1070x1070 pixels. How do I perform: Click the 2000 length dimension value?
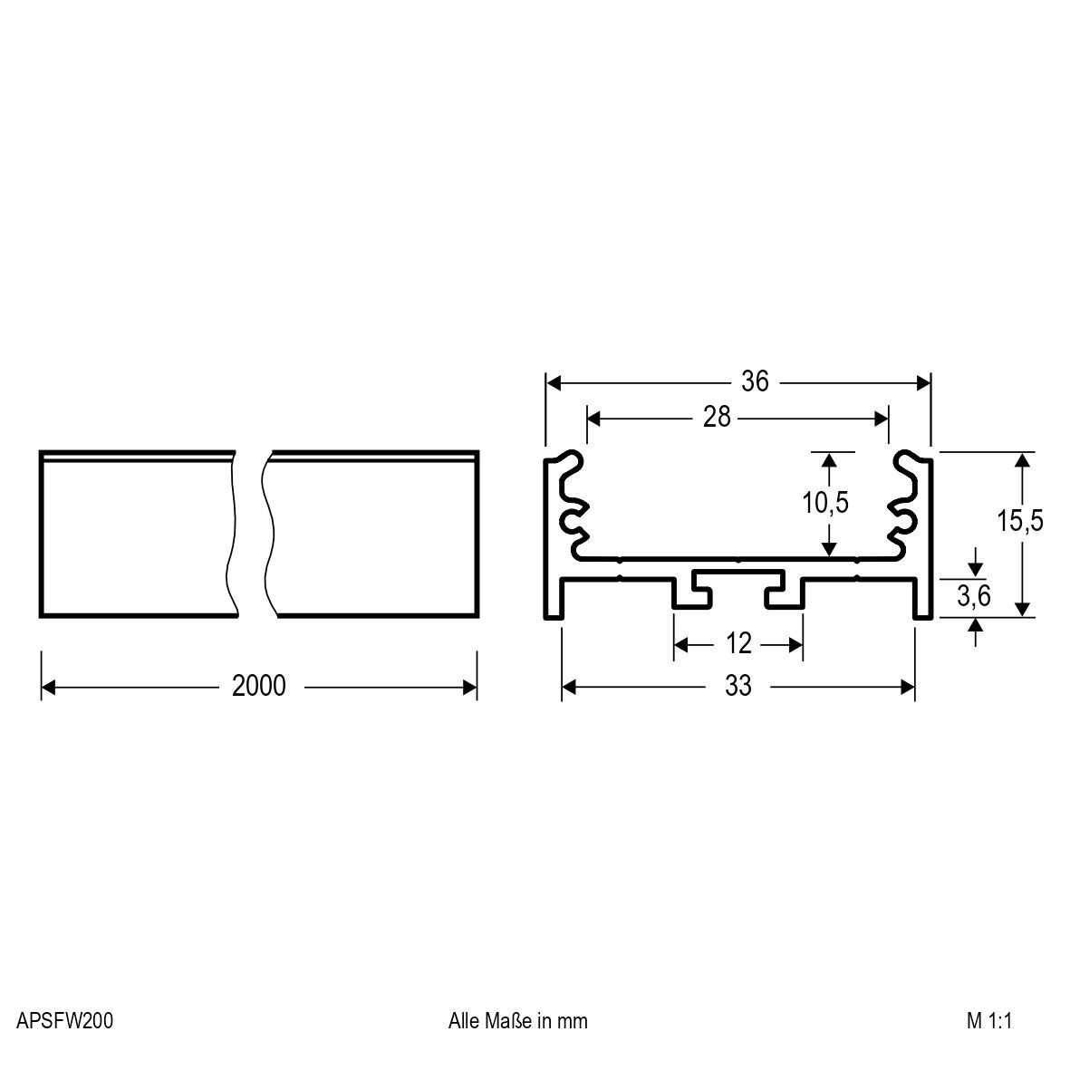[258, 687]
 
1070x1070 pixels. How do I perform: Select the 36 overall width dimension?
[754, 382]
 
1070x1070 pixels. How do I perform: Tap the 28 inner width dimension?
[716, 418]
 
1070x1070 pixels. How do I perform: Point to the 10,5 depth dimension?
[824, 502]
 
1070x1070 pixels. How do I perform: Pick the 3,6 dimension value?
[974, 595]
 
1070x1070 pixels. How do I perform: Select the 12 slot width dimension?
[739, 644]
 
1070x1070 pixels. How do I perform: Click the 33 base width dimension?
[738, 687]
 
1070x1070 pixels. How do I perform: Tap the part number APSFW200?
[64, 1021]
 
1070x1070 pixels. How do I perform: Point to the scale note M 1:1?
[988, 1021]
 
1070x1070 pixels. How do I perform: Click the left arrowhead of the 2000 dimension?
[49, 688]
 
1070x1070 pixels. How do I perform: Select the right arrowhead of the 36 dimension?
[924, 382]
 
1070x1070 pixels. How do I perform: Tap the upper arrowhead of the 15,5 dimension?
[1022, 459]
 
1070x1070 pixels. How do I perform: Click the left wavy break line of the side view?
[232, 535]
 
